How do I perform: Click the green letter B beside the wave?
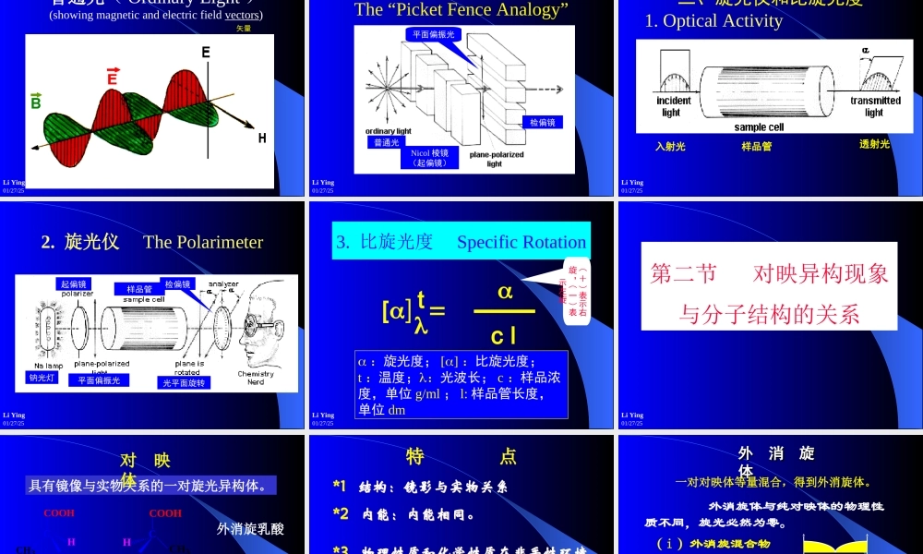(36, 101)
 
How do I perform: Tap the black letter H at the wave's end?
(262, 138)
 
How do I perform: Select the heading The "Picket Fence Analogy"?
(461, 10)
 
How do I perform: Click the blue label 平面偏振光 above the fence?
(433, 34)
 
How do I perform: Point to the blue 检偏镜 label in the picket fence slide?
(542, 123)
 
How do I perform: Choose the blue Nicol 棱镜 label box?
(430, 157)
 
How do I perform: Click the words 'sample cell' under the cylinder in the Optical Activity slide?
(760, 126)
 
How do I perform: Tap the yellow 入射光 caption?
(670, 146)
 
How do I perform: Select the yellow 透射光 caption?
(874, 144)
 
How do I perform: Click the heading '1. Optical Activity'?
(713, 21)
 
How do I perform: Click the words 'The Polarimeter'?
(203, 242)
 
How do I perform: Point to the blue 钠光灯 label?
(42, 377)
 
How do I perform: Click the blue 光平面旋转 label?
(186, 382)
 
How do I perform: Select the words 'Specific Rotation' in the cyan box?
(521, 243)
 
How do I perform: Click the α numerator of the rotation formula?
(505, 291)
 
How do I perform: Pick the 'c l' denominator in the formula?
(504, 335)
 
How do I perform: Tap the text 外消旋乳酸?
(250, 529)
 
